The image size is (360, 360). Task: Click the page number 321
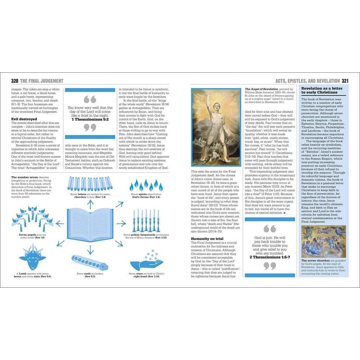pyautogui.click(x=345, y=81)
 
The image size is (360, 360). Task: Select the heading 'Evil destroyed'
pyautogui.click(x=24, y=119)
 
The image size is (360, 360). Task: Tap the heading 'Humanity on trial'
pyautogui.click(x=208, y=238)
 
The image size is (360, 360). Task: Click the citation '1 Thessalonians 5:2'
pyautogui.click(x=90, y=119)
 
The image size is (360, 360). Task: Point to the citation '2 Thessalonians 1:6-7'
pyautogui.click(x=270, y=257)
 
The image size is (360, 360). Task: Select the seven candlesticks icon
pyautogui.click(x=146, y=220)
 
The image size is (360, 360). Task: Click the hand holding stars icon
pyautogui.click(x=146, y=262)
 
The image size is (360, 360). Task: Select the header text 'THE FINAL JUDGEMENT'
pyautogui.click(x=42, y=81)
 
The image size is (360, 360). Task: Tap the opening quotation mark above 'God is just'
pyautogui.click(x=270, y=229)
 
